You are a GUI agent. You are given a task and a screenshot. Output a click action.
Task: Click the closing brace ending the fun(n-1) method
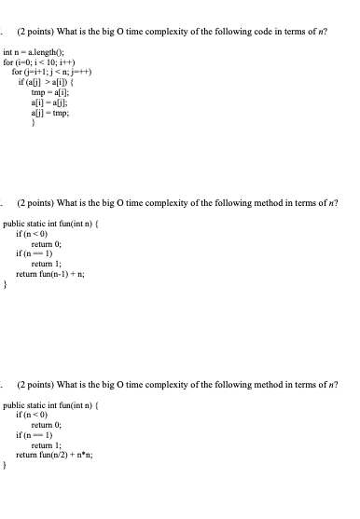pyautogui.click(x=6, y=287)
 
